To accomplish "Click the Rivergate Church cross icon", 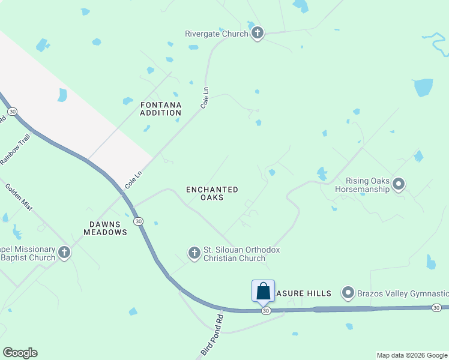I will [258, 33].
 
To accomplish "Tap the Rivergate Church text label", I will [217, 34].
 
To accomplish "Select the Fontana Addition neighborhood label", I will [161, 109].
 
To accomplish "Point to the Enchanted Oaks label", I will [212, 193].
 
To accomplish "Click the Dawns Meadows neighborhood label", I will [108, 228].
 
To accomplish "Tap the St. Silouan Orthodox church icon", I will [194, 253].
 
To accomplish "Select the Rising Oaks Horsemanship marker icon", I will [399, 184].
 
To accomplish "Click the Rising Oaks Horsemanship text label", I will [368, 185].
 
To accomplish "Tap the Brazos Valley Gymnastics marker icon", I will [348, 293].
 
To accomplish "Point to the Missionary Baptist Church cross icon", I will [64, 253].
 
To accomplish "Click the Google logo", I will [20, 353].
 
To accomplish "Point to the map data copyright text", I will [412, 355].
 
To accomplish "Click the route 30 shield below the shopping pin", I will [266, 311].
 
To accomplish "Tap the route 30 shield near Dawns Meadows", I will [139, 221].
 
